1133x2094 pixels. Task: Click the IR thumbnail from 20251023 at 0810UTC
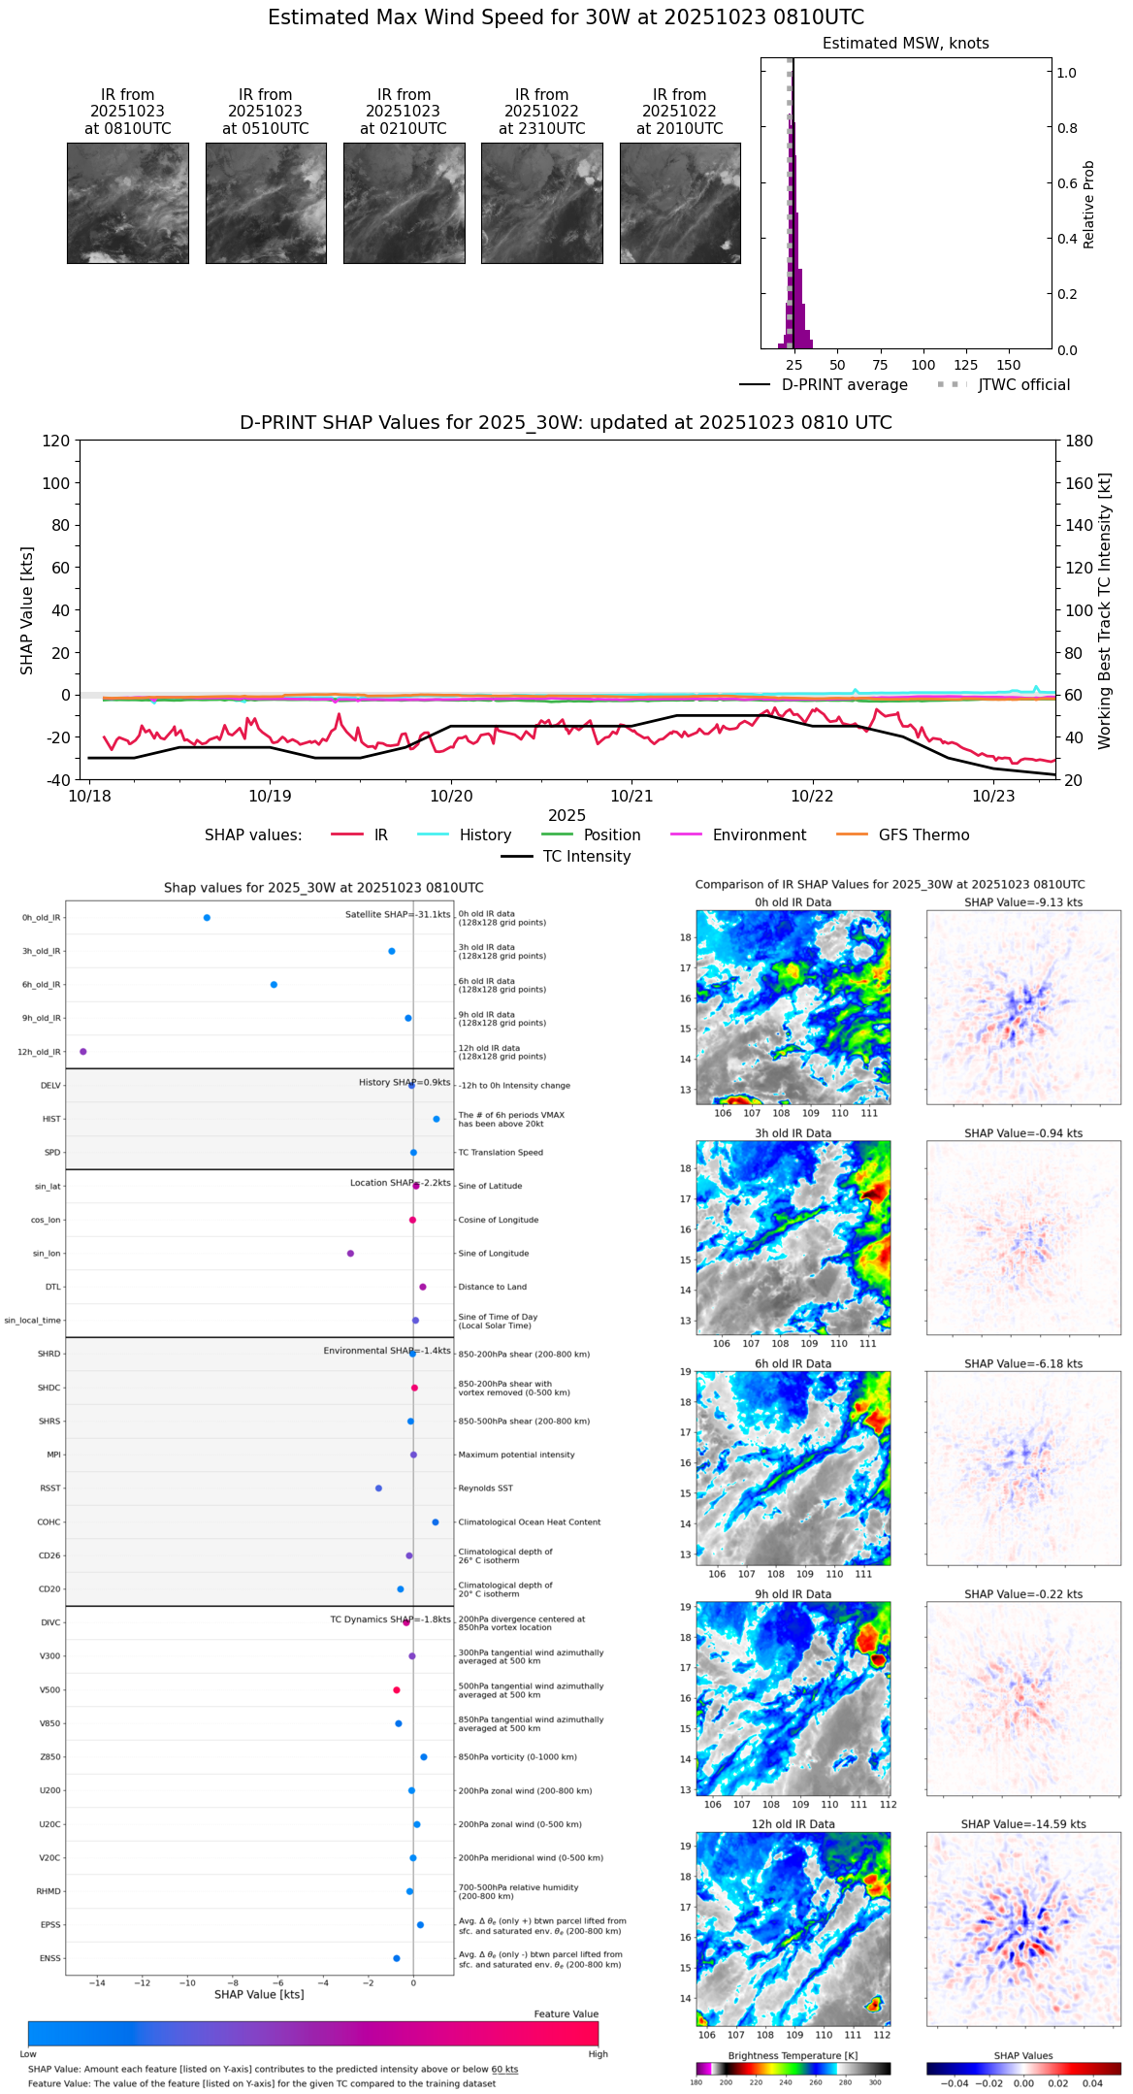click(x=127, y=203)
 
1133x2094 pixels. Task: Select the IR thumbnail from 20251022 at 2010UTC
click(x=680, y=203)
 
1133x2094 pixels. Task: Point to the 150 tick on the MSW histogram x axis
click(x=1009, y=366)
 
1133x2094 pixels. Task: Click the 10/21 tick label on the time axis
click(x=631, y=797)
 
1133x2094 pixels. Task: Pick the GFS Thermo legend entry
click(x=923, y=835)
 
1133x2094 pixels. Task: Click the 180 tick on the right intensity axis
click(x=1080, y=442)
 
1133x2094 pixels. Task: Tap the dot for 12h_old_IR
click(x=83, y=1052)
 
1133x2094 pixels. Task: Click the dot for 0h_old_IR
click(x=207, y=918)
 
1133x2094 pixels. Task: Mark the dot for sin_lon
click(x=350, y=1254)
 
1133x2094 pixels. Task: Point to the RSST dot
click(x=378, y=1489)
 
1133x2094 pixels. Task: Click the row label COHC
click(x=49, y=1522)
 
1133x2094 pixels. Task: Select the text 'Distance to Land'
click(x=492, y=1288)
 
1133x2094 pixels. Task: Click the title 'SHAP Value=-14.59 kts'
click(x=1023, y=1824)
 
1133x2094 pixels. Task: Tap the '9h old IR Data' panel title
click(x=793, y=1594)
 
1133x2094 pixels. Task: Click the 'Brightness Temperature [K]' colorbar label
click(x=793, y=2056)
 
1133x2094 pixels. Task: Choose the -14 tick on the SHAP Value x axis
click(x=97, y=1983)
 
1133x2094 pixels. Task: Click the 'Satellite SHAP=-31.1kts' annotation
click(x=398, y=915)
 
